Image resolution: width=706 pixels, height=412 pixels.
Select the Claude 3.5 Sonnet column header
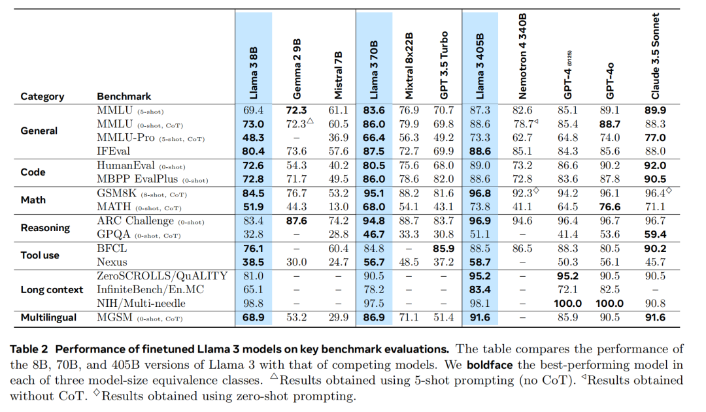(x=655, y=55)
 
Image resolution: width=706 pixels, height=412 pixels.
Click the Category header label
(x=42, y=97)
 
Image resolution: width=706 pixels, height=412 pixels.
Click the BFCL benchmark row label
(x=111, y=249)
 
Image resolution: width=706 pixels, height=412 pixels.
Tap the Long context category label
(x=52, y=289)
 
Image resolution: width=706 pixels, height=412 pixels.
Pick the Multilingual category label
(x=49, y=318)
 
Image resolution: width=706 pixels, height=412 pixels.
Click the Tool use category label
(x=41, y=255)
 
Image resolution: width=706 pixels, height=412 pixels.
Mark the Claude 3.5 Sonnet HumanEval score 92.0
(x=656, y=166)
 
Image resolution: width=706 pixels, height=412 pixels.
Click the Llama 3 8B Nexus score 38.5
(x=252, y=262)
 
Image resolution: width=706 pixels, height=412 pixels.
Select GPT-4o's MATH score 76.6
(x=609, y=207)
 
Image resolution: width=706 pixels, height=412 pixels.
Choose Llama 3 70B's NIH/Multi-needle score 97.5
(x=373, y=303)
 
